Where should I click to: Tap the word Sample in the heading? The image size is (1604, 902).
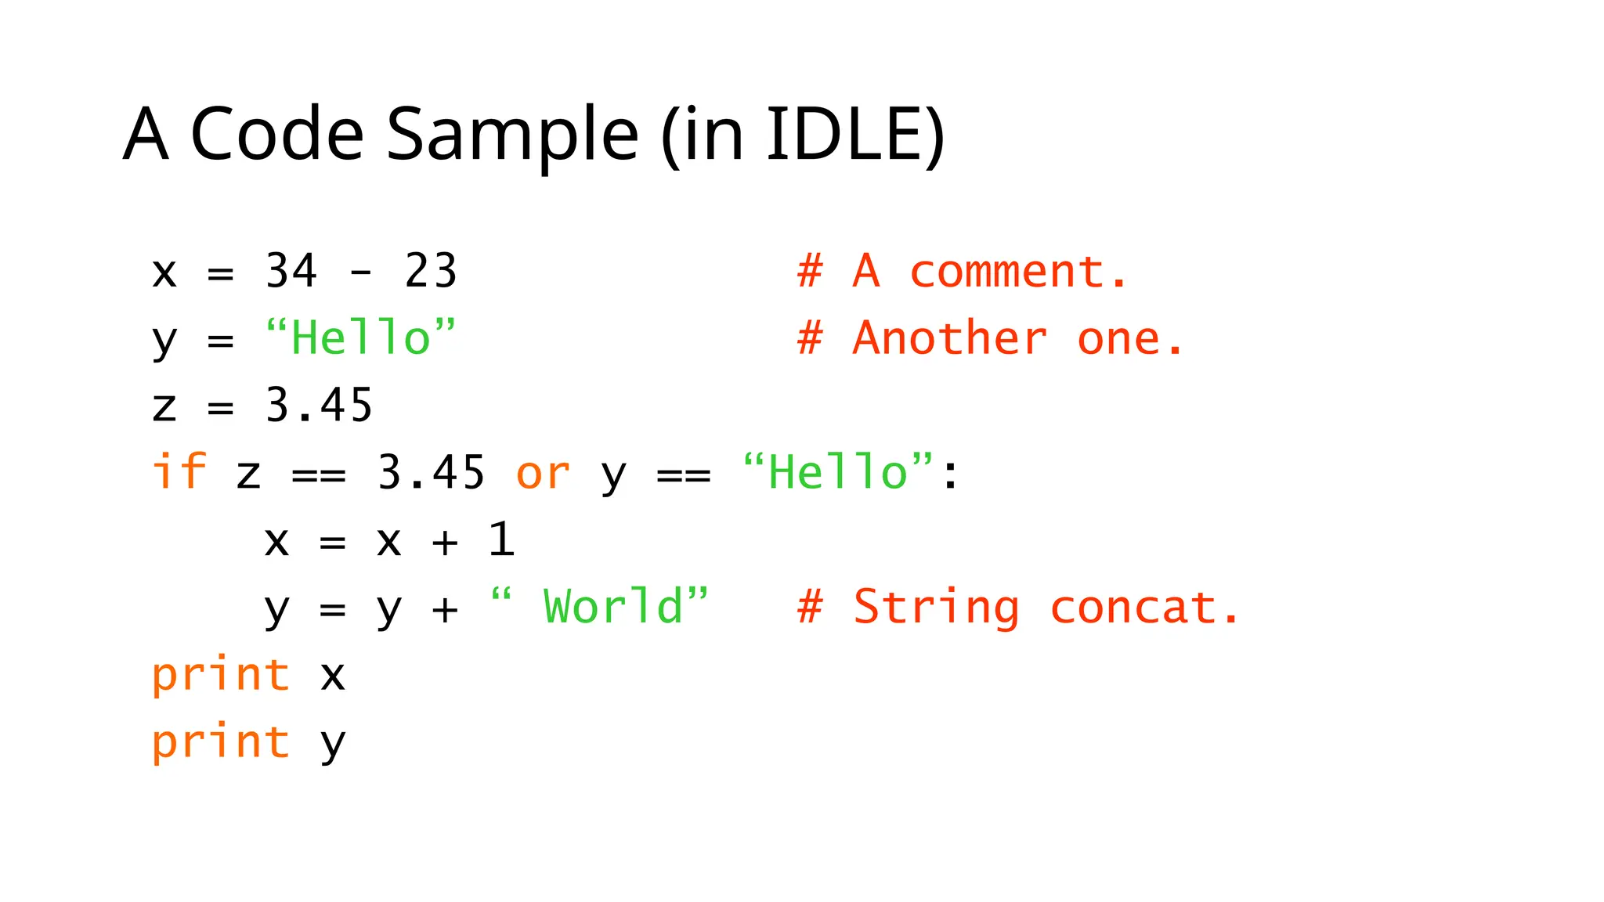(512, 135)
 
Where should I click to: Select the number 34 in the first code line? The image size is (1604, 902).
(291, 271)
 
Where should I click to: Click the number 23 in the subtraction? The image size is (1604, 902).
(430, 271)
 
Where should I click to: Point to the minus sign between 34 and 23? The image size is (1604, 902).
(361, 273)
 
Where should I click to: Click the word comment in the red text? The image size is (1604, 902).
(1007, 272)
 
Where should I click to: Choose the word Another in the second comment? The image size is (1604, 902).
(950, 339)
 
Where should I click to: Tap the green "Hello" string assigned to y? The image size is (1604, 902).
(360, 338)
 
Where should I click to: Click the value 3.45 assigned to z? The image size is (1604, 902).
(319, 406)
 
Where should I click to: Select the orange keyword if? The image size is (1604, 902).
(179, 472)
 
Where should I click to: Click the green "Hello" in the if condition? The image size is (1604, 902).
(837, 472)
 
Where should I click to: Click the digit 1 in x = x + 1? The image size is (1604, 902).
(501, 539)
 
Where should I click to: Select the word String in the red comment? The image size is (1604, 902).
(937, 608)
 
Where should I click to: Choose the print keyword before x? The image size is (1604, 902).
(221, 675)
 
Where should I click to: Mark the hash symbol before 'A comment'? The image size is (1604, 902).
(810, 272)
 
